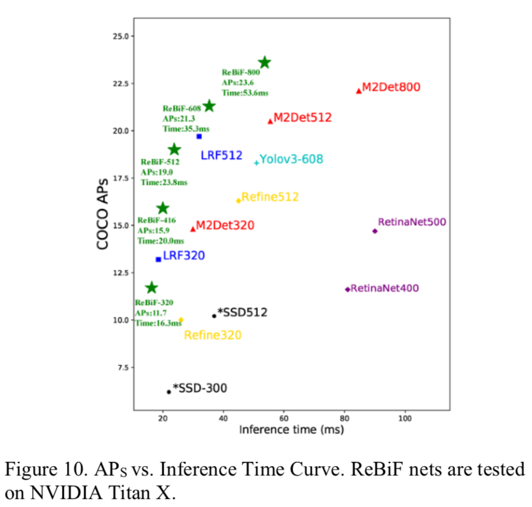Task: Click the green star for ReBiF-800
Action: point(265,62)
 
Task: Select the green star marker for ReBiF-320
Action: point(151,288)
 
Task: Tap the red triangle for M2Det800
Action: point(358,90)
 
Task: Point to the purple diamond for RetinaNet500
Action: point(375,231)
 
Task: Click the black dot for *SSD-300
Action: point(169,392)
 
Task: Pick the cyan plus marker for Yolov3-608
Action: point(256,163)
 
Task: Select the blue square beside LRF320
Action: point(158,259)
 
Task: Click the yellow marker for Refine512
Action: point(238,200)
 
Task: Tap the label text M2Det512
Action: point(303,117)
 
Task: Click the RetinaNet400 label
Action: point(385,288)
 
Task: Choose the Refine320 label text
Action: point(213,335)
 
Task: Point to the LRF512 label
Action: point(221,155)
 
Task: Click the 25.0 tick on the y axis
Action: point(120,36)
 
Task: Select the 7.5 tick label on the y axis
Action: point(122,368)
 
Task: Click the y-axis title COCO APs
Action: point(103,213)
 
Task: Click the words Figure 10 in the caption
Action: point(37,469)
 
